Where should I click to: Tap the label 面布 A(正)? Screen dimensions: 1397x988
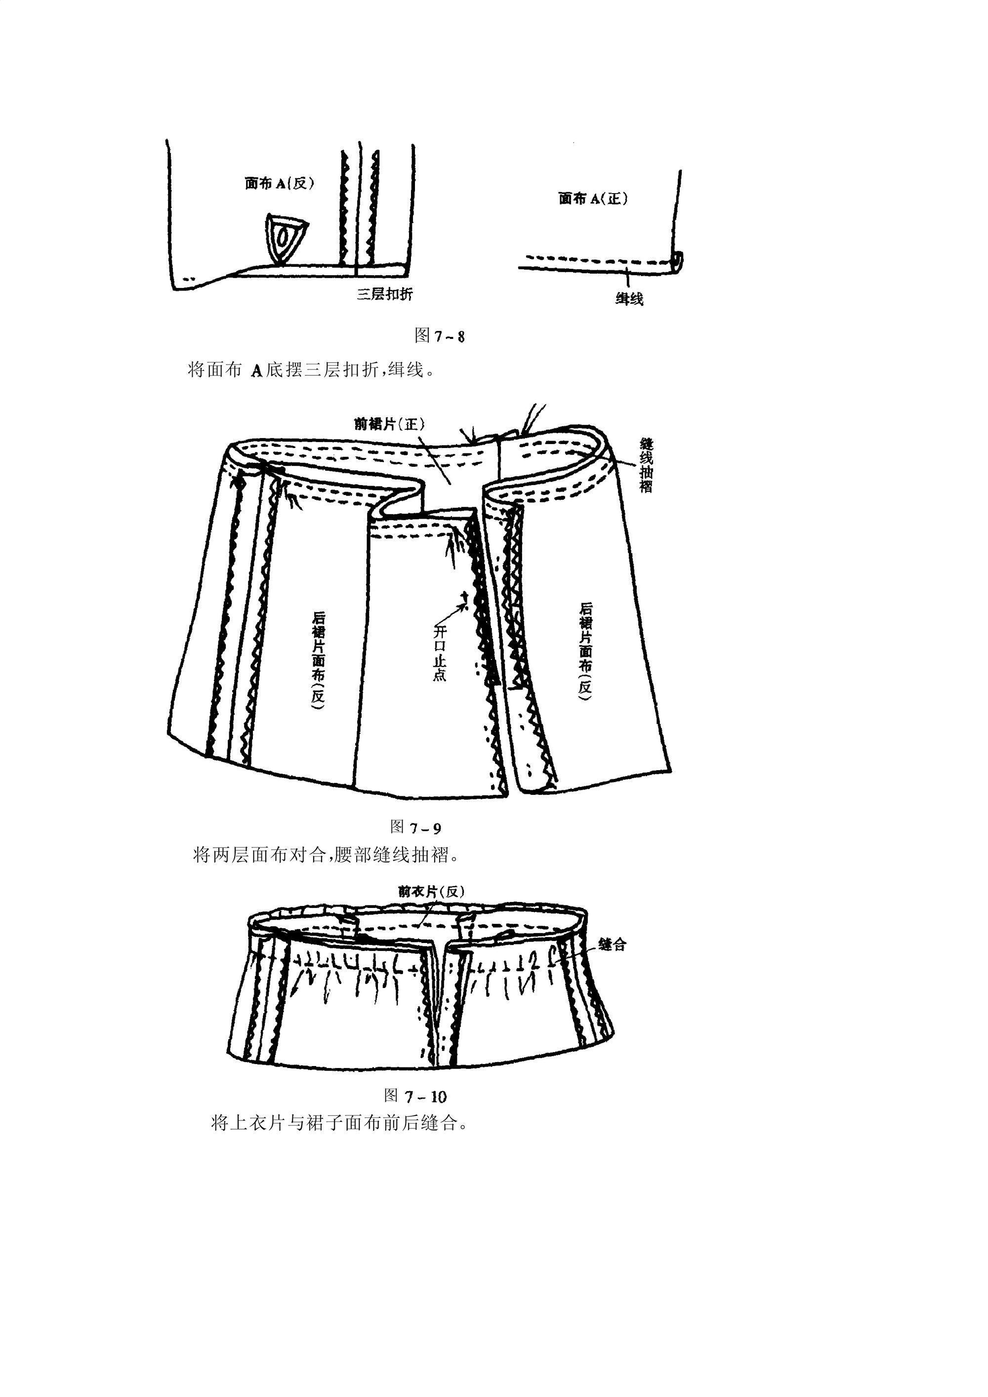click(593, 199)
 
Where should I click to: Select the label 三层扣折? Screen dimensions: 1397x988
click(384, 294)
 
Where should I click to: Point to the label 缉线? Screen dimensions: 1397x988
click(629, 299)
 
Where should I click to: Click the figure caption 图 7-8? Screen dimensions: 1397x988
click(439, 335)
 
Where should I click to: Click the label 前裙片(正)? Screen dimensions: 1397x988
click(389, 423)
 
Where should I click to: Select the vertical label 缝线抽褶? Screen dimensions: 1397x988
click(646, 465)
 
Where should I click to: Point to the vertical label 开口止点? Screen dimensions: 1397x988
click(439, 653)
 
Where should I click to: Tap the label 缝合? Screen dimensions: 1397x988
click(612, 945)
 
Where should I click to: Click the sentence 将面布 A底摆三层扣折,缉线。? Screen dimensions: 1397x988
click(312, 370)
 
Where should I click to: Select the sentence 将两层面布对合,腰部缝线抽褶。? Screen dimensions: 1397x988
click(327, 855)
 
